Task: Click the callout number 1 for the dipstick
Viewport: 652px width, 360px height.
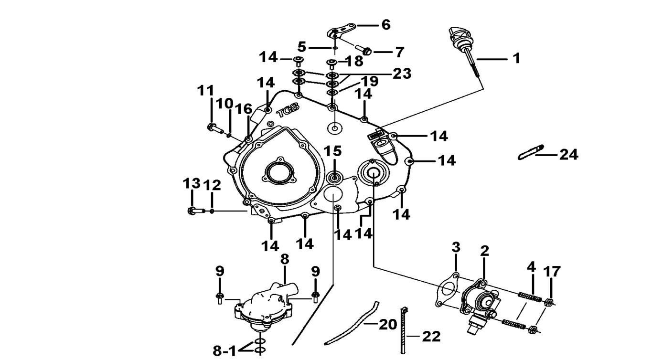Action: (515, 58)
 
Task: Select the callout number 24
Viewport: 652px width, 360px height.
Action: (568, 154)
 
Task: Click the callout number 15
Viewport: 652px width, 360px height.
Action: (332, 151)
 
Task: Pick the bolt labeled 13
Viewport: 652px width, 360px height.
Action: (192, 210)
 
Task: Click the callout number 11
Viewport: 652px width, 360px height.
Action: (207, 91)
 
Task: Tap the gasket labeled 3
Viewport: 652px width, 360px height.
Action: (447, 289)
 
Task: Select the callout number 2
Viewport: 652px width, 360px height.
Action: (484, 251)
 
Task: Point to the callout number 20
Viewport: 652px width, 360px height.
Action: (388, 325)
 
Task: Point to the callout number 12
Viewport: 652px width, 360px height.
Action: (213, 185)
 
